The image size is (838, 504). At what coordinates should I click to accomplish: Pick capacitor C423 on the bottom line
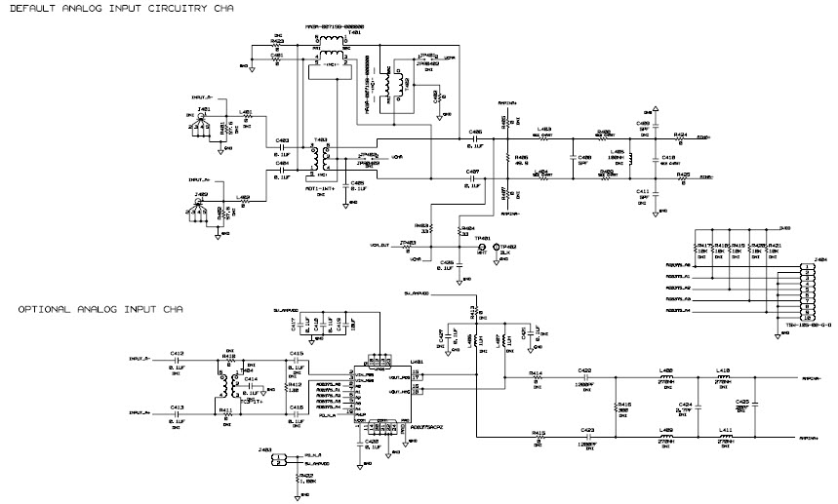pyautogui.click(x=585, y=437)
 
